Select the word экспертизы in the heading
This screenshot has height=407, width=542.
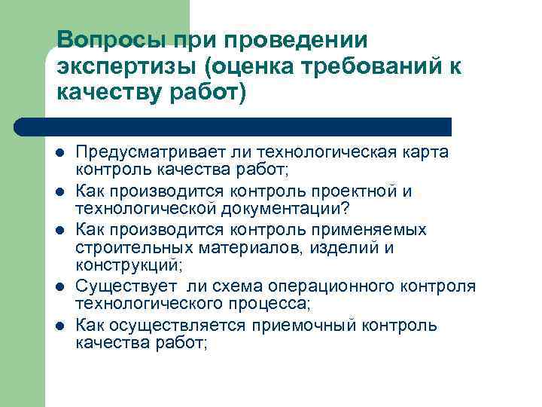[x=124, y=66]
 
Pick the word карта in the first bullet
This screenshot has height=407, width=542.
[x=425, y=153]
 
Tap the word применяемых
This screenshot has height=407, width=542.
[x=379, y=230]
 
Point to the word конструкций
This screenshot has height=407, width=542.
[x=126, y=264]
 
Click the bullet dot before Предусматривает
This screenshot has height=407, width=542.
[x=59, y=154]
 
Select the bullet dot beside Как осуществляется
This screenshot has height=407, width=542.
[x=59, y=326]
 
